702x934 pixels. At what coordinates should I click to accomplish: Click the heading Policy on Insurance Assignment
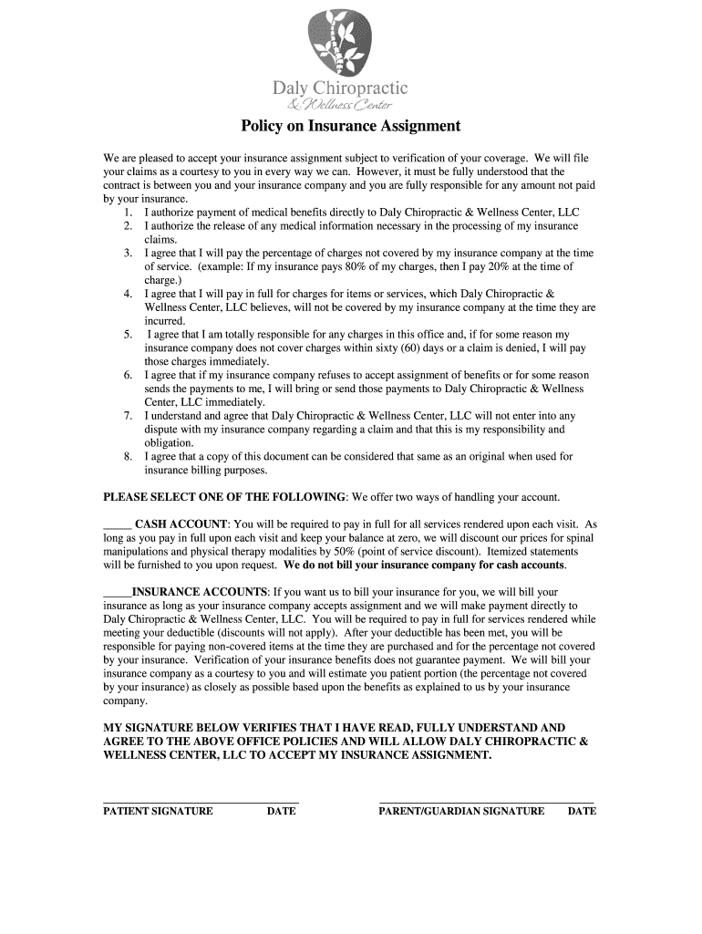350,126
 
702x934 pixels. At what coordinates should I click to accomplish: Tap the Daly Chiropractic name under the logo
341,88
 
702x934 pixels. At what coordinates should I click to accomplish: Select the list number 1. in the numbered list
129,212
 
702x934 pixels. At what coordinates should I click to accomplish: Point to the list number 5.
129,335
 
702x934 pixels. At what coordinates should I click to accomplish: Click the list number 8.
129,456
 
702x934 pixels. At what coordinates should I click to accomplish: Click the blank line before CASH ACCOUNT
118,525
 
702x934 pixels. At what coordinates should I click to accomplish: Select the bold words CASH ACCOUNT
181,524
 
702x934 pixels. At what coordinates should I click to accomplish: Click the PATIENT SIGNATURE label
158,811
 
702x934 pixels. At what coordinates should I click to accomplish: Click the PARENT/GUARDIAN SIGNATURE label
461,811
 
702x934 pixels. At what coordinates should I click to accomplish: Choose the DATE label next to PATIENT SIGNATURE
281,811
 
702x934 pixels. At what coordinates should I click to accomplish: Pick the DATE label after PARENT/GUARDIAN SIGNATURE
582,811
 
